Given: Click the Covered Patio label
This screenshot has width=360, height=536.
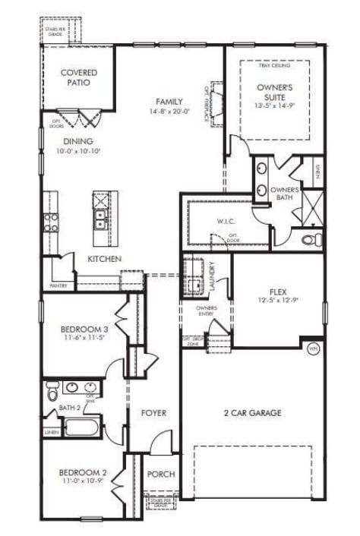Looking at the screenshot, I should [x=78, y=77].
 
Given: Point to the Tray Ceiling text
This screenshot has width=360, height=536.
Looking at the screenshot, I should [x=275, y=66].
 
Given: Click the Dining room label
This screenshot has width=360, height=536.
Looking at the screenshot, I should [x=78, y=141].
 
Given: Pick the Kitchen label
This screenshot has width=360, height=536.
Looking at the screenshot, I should [x=105, y=259].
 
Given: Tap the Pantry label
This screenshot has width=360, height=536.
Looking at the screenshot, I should [x=58, y=285].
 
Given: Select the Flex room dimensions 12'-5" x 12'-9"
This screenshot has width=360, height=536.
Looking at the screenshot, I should [x=277, y=301].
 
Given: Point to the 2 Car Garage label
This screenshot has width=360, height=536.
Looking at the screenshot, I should [x=252, y=413].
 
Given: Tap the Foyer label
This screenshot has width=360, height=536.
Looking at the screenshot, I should [x=153, y=413].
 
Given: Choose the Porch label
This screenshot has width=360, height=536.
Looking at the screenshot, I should [x=160, y=475].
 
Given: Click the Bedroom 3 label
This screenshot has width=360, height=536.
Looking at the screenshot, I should [x=84, y=329].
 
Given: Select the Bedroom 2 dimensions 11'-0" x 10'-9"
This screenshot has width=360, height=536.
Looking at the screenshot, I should [x=84, y=481].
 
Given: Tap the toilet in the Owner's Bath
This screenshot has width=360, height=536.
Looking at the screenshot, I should [x=309, y=240].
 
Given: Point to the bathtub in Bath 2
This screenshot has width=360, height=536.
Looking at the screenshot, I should [x=81, y=426].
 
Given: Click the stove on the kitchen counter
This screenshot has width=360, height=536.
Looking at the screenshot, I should [x=52, y=222].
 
